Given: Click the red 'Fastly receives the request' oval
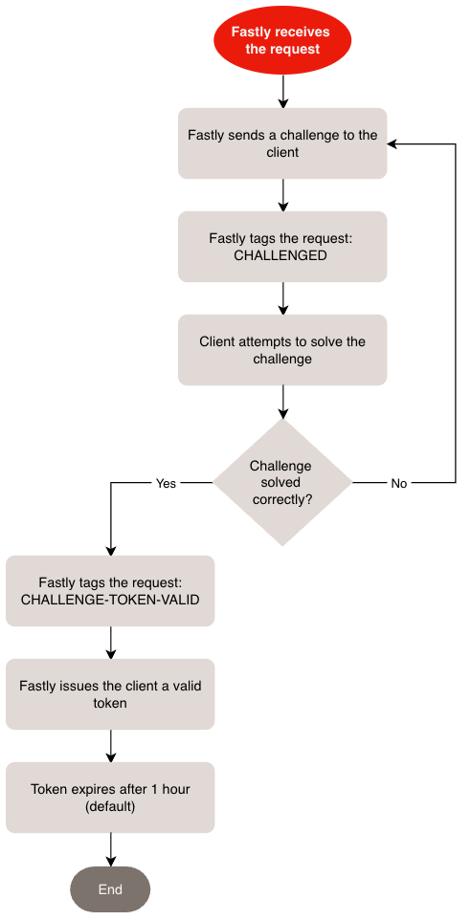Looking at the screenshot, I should [282, 40].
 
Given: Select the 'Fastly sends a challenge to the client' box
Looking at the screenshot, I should [282, 143].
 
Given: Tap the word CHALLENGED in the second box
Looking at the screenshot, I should [282, 255].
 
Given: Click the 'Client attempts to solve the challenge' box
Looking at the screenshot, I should [282, 350].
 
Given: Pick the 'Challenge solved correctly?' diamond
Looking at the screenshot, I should [282, 482].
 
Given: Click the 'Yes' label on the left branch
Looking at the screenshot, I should [166, 483].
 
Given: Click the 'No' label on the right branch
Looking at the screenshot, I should [399, 483].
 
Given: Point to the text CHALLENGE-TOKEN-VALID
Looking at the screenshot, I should [110, 600].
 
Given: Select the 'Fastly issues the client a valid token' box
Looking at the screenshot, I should [110, 694].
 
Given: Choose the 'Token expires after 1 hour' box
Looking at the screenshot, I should [110, 798].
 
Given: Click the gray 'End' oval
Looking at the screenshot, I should [110, 889].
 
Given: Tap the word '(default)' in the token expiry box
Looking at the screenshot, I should [110, 806].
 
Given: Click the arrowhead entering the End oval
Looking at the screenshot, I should [110, 861].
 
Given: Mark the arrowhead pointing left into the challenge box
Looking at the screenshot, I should [393, 143].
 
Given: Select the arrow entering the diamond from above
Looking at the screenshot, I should [282, 402].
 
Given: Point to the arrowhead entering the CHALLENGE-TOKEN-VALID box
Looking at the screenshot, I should [110, 550].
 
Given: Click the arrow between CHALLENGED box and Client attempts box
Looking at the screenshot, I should [282, 297].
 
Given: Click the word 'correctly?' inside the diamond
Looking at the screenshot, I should [282, 499].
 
